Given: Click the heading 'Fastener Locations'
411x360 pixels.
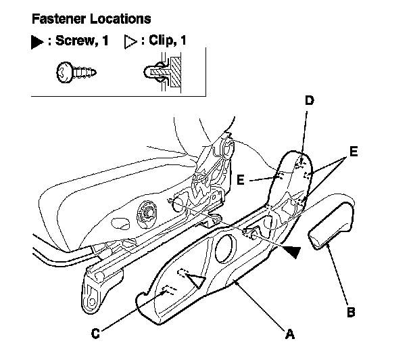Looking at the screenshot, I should tap(92, 18).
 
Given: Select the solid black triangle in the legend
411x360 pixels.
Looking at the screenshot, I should tap(38, 41).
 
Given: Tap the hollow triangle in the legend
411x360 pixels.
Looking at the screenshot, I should tap(131, 41).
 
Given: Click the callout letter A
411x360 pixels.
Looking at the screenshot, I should tap(290, 333).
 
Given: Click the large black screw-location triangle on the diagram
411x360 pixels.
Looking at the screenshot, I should tap(290, 252).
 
